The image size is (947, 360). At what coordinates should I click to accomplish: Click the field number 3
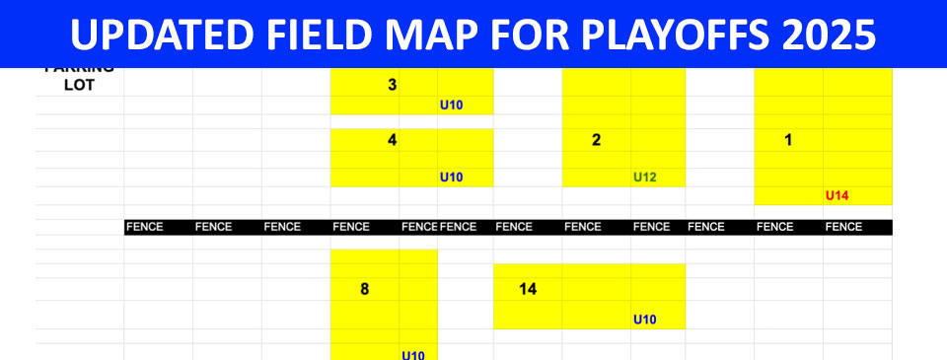[393, 85]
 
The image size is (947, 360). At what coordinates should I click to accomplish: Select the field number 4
[393, 140]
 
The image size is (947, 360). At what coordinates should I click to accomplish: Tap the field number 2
[596, 140]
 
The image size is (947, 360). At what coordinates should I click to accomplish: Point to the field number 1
[787, 140]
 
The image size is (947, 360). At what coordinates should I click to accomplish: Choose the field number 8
[364, 290]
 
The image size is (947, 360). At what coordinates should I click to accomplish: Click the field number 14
[528, 290]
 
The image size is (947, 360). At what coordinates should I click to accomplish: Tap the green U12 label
[645, 178]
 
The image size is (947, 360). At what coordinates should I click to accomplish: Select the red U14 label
[837, 195]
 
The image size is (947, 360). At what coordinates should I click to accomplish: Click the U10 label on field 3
[451, 104]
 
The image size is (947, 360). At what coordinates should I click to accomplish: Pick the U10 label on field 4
[451, 178]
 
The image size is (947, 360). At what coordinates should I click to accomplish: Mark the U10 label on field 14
[645, 319]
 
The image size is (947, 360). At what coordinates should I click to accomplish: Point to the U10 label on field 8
[412, 355]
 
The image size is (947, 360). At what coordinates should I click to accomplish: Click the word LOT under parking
[79, 84]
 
